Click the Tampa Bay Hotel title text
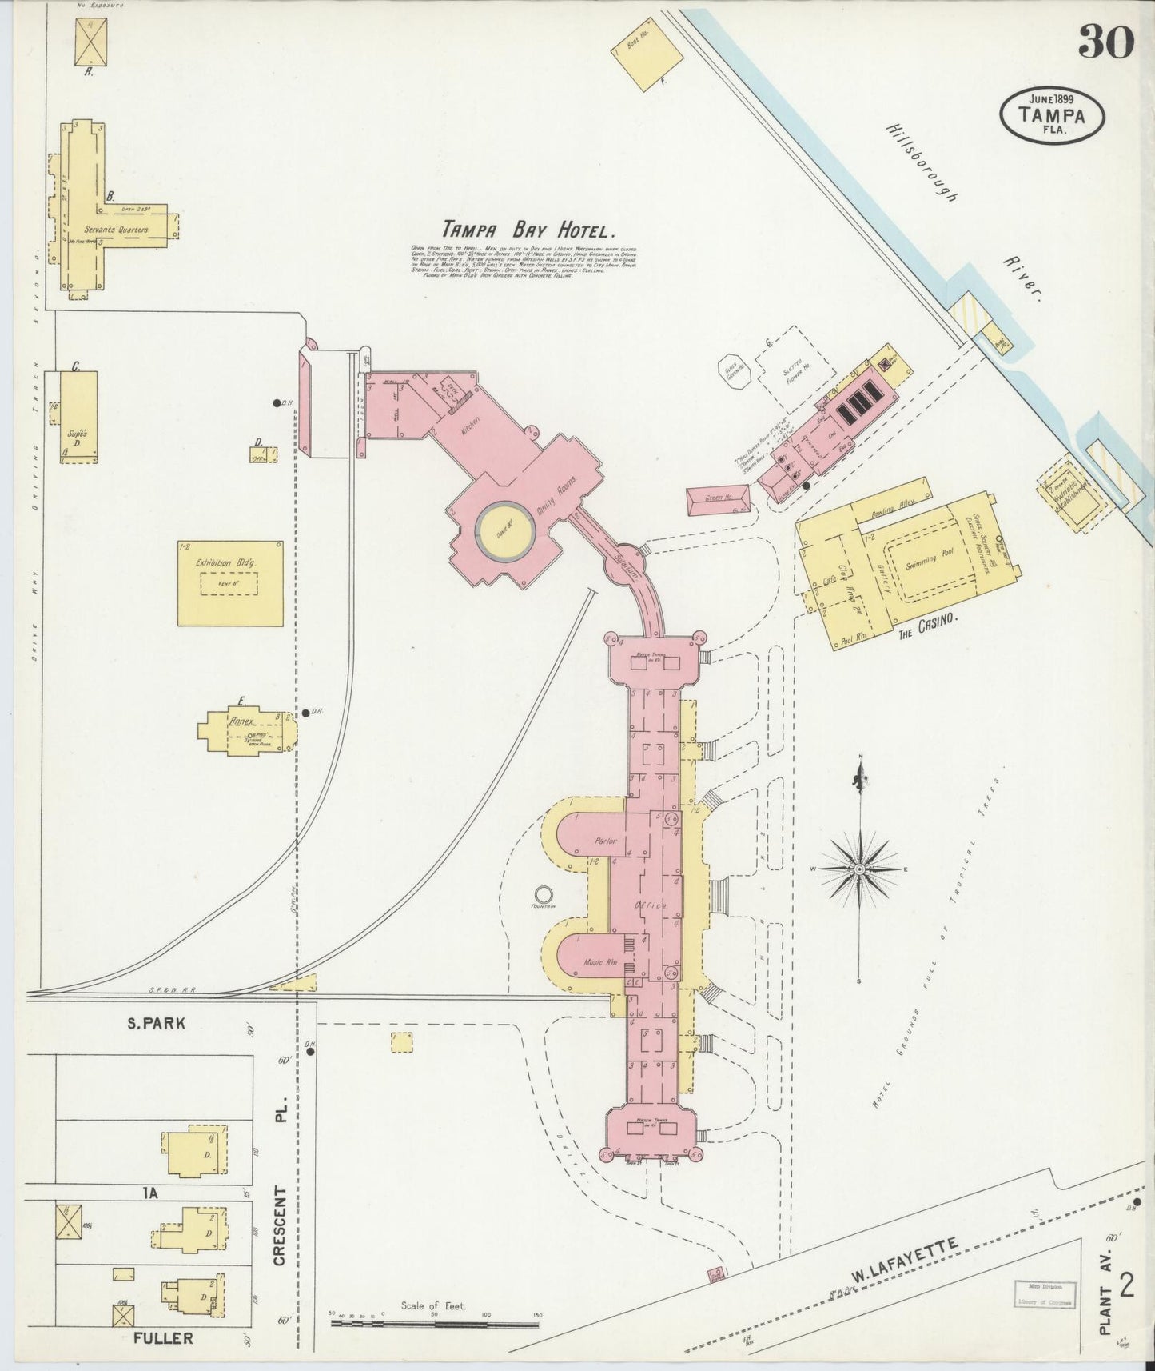(x=530, y=230)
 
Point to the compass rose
(x=859, y=869)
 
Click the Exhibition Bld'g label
(x=230, y=563)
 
